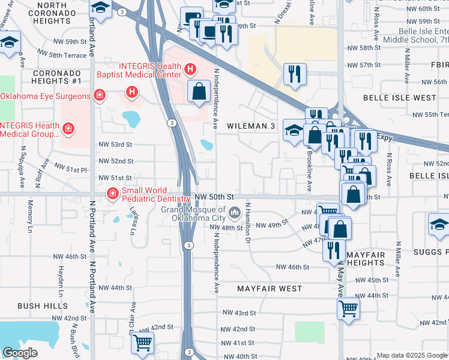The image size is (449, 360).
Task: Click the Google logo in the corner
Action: [20, 353]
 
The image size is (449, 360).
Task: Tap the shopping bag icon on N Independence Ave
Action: [199, 91]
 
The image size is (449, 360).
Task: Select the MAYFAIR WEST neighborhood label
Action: [270, 289]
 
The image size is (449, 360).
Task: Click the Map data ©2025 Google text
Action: [411, 355]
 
